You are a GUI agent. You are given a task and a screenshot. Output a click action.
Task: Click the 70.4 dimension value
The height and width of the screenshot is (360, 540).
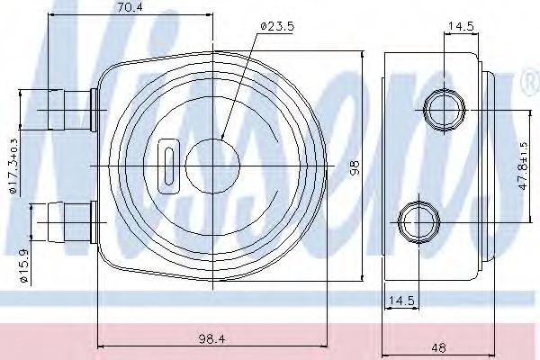130,7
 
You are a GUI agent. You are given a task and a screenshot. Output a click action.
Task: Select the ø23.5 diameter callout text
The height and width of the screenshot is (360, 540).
277,26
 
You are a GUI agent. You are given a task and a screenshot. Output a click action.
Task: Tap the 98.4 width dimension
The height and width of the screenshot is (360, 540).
211,339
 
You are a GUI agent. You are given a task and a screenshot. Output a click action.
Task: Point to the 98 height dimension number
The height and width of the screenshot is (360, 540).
355,166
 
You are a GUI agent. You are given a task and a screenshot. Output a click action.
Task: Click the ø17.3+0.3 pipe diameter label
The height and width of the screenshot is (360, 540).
13,166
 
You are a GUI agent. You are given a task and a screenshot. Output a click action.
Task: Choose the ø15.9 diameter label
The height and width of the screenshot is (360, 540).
23,266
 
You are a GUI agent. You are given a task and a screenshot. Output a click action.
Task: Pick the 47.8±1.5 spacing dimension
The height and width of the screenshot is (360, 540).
523,166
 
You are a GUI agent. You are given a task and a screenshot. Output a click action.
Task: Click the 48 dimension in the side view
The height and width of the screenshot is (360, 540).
438,347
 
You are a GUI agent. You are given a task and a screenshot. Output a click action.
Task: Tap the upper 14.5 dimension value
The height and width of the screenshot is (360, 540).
461,26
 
